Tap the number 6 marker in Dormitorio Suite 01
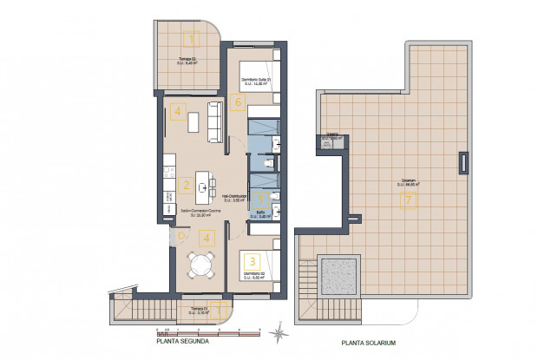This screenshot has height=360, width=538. (x=239, y=101)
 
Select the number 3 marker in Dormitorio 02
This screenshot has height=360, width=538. (x=252, y=259)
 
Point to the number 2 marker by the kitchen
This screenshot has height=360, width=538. (x=186, y=184)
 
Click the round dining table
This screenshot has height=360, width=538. (x=202, y=265)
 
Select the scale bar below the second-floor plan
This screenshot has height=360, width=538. (x=207, y=331)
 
